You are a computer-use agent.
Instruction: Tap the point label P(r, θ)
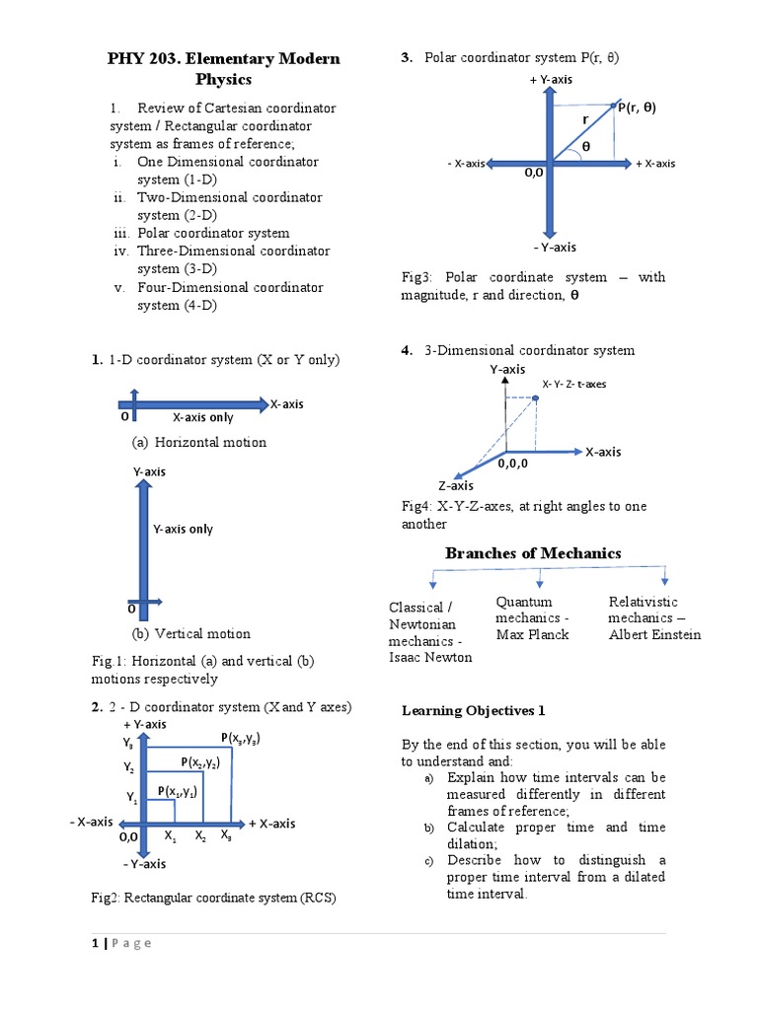(x=638, y=108)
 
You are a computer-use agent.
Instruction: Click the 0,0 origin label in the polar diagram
(x=534, y=172)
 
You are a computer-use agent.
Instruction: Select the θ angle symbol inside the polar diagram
(x=585, y=146)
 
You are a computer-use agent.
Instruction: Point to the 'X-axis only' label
(x=203, y=417)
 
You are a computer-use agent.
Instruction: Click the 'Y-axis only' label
(x=183, y=529)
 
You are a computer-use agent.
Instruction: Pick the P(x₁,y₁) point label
(x=178, y=791)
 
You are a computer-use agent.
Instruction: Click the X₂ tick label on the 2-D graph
(x=200, y=836)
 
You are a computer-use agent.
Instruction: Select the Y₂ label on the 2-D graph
(x=128, y=766)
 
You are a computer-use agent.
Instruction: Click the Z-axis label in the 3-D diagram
(x=456, y=485)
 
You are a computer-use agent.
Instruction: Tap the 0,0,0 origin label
(x=513, y=462)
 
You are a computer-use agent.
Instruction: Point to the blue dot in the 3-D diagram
(x=535, y=398)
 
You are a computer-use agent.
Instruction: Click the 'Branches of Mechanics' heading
(x=533, y=553)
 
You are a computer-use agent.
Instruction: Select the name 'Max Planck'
(x=532, y=634)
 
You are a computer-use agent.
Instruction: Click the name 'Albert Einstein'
(x=654, y=634)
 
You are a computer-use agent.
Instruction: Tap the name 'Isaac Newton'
(x=430, y=657)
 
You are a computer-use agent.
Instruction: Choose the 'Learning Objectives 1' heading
(x=473, y=710)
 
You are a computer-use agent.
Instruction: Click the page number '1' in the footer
(x=95, y=943)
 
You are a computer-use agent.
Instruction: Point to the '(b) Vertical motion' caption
(x=191, y=633)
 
